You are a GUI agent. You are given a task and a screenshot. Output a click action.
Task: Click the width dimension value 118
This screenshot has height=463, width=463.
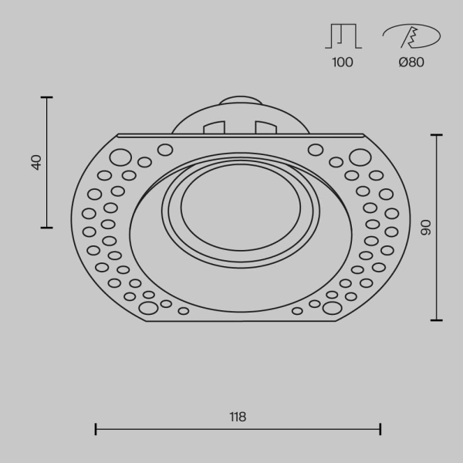coord(238,417)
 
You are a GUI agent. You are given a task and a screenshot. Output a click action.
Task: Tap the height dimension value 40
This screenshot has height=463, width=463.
coord(36,162)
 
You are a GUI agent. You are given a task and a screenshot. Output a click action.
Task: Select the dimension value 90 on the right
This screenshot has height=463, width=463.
coord(425,228)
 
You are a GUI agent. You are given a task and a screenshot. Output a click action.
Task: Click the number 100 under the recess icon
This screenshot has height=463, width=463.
coord(343,63)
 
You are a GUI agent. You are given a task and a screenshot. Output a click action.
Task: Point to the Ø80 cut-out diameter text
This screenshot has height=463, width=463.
coord(411,63)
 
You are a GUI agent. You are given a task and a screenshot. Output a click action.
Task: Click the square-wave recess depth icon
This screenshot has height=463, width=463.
coord(343,37)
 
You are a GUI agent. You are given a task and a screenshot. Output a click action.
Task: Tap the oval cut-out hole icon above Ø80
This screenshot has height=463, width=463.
coord(411,36)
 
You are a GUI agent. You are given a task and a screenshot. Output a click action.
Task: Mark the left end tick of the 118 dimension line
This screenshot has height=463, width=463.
coord(96,429)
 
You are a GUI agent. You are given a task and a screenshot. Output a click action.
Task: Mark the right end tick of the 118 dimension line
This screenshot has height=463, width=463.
coord(380,429)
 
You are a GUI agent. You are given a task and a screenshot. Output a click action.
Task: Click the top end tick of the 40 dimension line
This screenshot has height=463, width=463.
coord(47,97)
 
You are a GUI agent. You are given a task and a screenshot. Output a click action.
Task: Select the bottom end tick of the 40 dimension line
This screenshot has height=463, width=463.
coord(47,228)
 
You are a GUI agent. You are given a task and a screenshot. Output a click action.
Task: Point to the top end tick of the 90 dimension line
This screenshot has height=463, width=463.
coord(437,135)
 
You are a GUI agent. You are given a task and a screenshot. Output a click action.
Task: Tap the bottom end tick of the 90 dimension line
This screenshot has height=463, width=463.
coord(437,319)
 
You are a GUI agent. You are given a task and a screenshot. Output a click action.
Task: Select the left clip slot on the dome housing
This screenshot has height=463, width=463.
coord(214,127)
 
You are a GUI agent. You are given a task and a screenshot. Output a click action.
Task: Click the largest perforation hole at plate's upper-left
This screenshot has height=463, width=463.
coord(120,158)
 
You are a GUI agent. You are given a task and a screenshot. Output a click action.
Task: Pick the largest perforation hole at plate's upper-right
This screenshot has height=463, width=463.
coord(360,158)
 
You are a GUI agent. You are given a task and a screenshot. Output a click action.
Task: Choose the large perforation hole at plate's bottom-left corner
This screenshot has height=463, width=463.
coord(147,308)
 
